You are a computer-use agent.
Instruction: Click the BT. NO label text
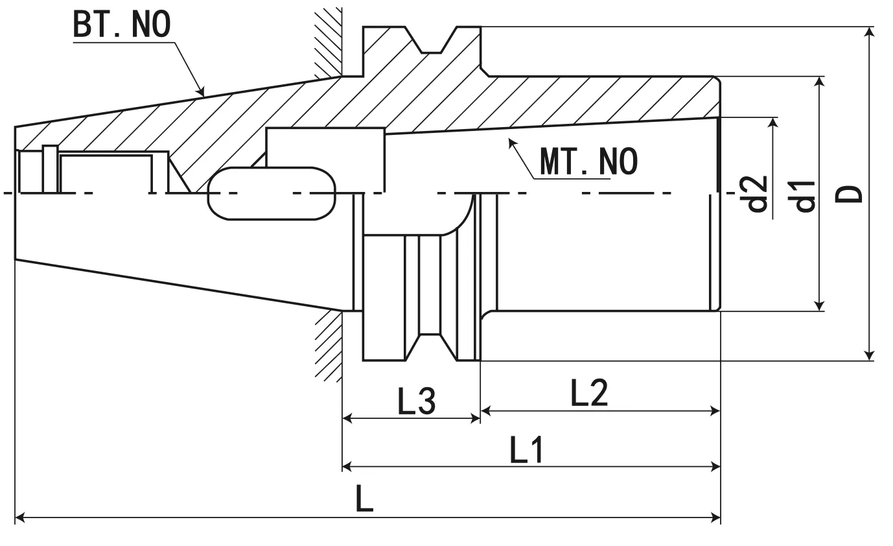tap(121, 24)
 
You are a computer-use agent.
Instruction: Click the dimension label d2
tap(757, 194)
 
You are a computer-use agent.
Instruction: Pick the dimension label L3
tap(416, 402)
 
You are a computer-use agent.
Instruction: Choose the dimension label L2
tap(589, 393)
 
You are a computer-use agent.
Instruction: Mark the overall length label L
tap(365, 499)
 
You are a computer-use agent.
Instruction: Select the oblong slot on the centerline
tap(272, 193)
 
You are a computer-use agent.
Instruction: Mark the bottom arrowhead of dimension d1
tap(820, 306)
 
